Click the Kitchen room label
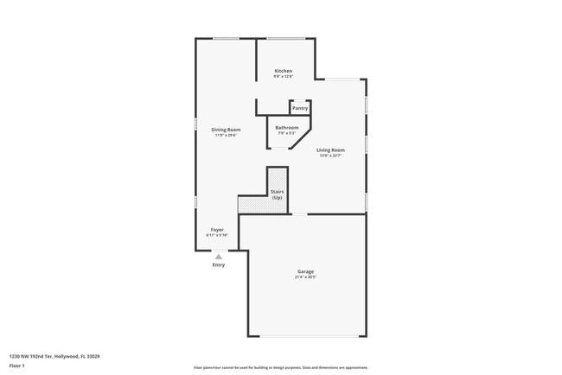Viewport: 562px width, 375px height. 283,71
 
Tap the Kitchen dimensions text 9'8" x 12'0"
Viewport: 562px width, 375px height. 283,77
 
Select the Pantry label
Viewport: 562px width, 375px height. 299,108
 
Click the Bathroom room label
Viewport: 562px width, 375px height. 287,128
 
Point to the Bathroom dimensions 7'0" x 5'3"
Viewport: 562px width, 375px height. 287,134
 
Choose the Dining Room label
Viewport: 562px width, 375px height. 226,130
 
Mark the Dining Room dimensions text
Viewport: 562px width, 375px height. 226,136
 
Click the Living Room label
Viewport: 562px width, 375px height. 330,150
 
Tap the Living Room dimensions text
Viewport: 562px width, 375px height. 330,156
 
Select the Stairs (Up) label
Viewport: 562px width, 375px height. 277,194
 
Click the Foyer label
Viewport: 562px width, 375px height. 217,229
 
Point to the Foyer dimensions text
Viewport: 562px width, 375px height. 217,235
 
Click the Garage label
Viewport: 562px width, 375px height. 305,271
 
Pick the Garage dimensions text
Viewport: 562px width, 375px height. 305,277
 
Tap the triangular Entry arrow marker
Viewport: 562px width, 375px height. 219,257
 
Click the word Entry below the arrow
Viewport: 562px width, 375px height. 219,264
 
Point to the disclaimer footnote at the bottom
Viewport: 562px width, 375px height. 281,367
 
